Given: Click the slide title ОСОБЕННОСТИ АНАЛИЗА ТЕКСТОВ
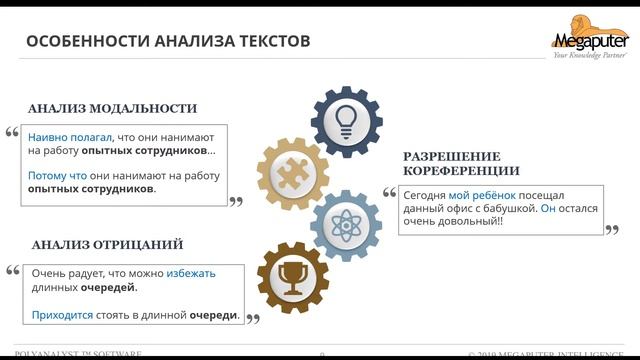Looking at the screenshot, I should point(167,41).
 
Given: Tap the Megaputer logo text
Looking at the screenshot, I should point(591,41).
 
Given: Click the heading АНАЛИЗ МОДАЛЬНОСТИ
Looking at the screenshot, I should point(112,108).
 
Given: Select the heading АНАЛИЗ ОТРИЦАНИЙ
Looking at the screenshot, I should point(107,245).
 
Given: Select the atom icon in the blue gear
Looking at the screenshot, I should point(346,224).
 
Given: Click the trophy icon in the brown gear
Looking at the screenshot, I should point(293,277).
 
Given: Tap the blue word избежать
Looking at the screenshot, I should point(190,273).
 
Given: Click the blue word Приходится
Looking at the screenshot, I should point(62,315).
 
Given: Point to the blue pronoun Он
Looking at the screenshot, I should point(547,209).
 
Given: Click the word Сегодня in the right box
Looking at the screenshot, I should point(424,195).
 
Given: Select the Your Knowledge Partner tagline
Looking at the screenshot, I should point(589,55).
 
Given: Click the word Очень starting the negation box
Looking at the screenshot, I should point(49,273).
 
